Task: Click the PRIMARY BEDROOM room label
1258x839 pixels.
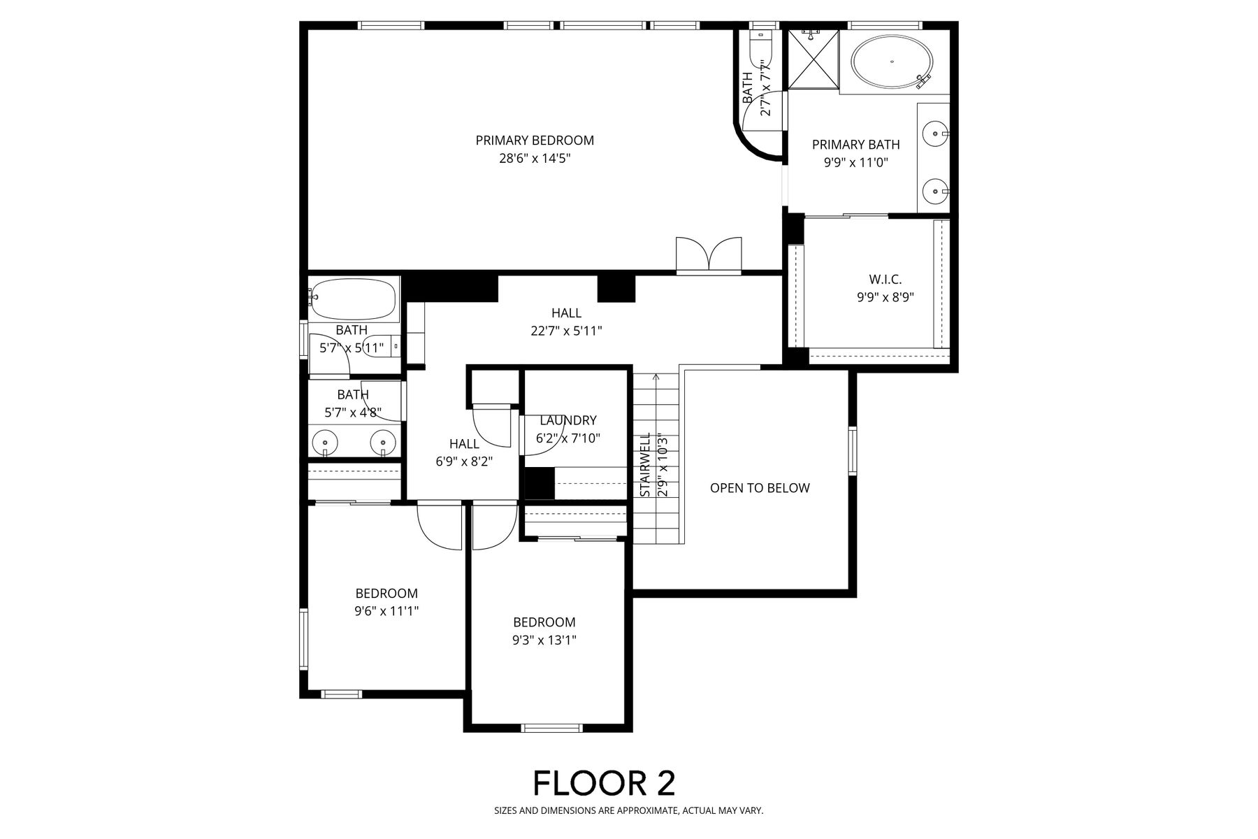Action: click(535, 141)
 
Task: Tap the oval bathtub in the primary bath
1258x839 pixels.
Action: click(892, 62)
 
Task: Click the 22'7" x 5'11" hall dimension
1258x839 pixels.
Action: click(566, 331)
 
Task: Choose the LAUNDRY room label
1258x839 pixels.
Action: click(568, 420)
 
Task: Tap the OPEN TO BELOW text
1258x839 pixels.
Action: click(760, 488)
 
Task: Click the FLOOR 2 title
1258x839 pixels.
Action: click(605, 783)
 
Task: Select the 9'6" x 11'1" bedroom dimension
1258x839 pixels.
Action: click(386, 611)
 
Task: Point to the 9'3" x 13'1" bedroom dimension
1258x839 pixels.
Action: click(544, 640)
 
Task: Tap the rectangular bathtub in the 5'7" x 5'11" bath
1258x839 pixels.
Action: click(354, 299)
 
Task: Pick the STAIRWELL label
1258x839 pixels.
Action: click(646, 465)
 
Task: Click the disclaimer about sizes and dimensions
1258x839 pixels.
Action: click(629, 811)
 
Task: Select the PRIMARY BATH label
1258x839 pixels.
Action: click(855, 145)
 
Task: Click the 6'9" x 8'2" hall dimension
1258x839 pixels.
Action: click(465, 461)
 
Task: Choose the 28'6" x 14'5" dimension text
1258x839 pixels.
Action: click(535, 159)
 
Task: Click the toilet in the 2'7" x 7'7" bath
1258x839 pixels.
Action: click(758, 45)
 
